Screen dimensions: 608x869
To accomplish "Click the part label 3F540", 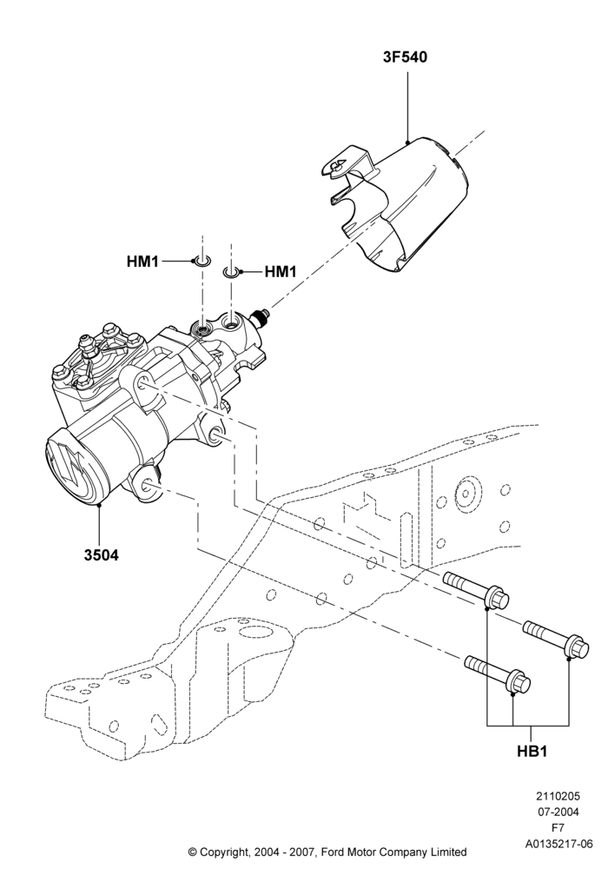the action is click(x=406, y=57).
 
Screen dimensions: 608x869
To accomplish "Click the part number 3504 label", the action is click(x=102, y=554).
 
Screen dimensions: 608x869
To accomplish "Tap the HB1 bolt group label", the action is click(x=532, y=751).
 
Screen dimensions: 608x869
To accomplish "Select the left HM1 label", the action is click(x=142, y=261).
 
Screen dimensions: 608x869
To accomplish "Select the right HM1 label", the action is click(x=281, y=271).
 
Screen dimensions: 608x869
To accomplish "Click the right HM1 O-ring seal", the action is click(x=230, y=272).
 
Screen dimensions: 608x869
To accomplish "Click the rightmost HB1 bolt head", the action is click(x=577, y=649).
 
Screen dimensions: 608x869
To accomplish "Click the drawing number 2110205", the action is click(x=558, y=796).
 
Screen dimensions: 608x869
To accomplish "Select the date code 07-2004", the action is click(x=558, y=813).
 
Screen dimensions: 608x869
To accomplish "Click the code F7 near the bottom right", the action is click(x=558, y=828).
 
